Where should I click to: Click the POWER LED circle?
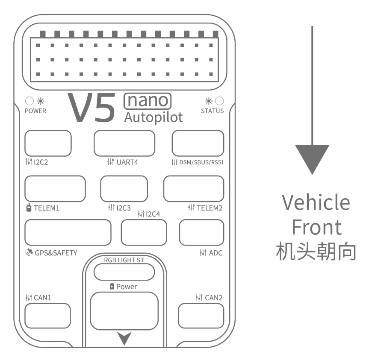[30, 101]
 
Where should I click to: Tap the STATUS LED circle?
[219, 101]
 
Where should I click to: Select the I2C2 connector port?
[48, 143]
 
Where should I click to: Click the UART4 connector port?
[124, 143]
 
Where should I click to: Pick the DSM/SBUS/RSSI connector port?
[198, 143]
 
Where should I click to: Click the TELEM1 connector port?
[55, 188]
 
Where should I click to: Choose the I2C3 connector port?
[124, 188]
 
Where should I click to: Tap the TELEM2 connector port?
[194, 188]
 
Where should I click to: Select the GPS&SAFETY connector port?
[68, 232]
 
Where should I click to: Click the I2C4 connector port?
[144, 232]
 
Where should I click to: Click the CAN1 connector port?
[48, 316]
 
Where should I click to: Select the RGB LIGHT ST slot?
[124, 272]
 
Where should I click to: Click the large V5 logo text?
[92, 107]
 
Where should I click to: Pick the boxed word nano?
[147, 100]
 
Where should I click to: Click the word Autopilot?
[154, 117]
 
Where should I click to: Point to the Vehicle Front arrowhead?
[312, 158]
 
